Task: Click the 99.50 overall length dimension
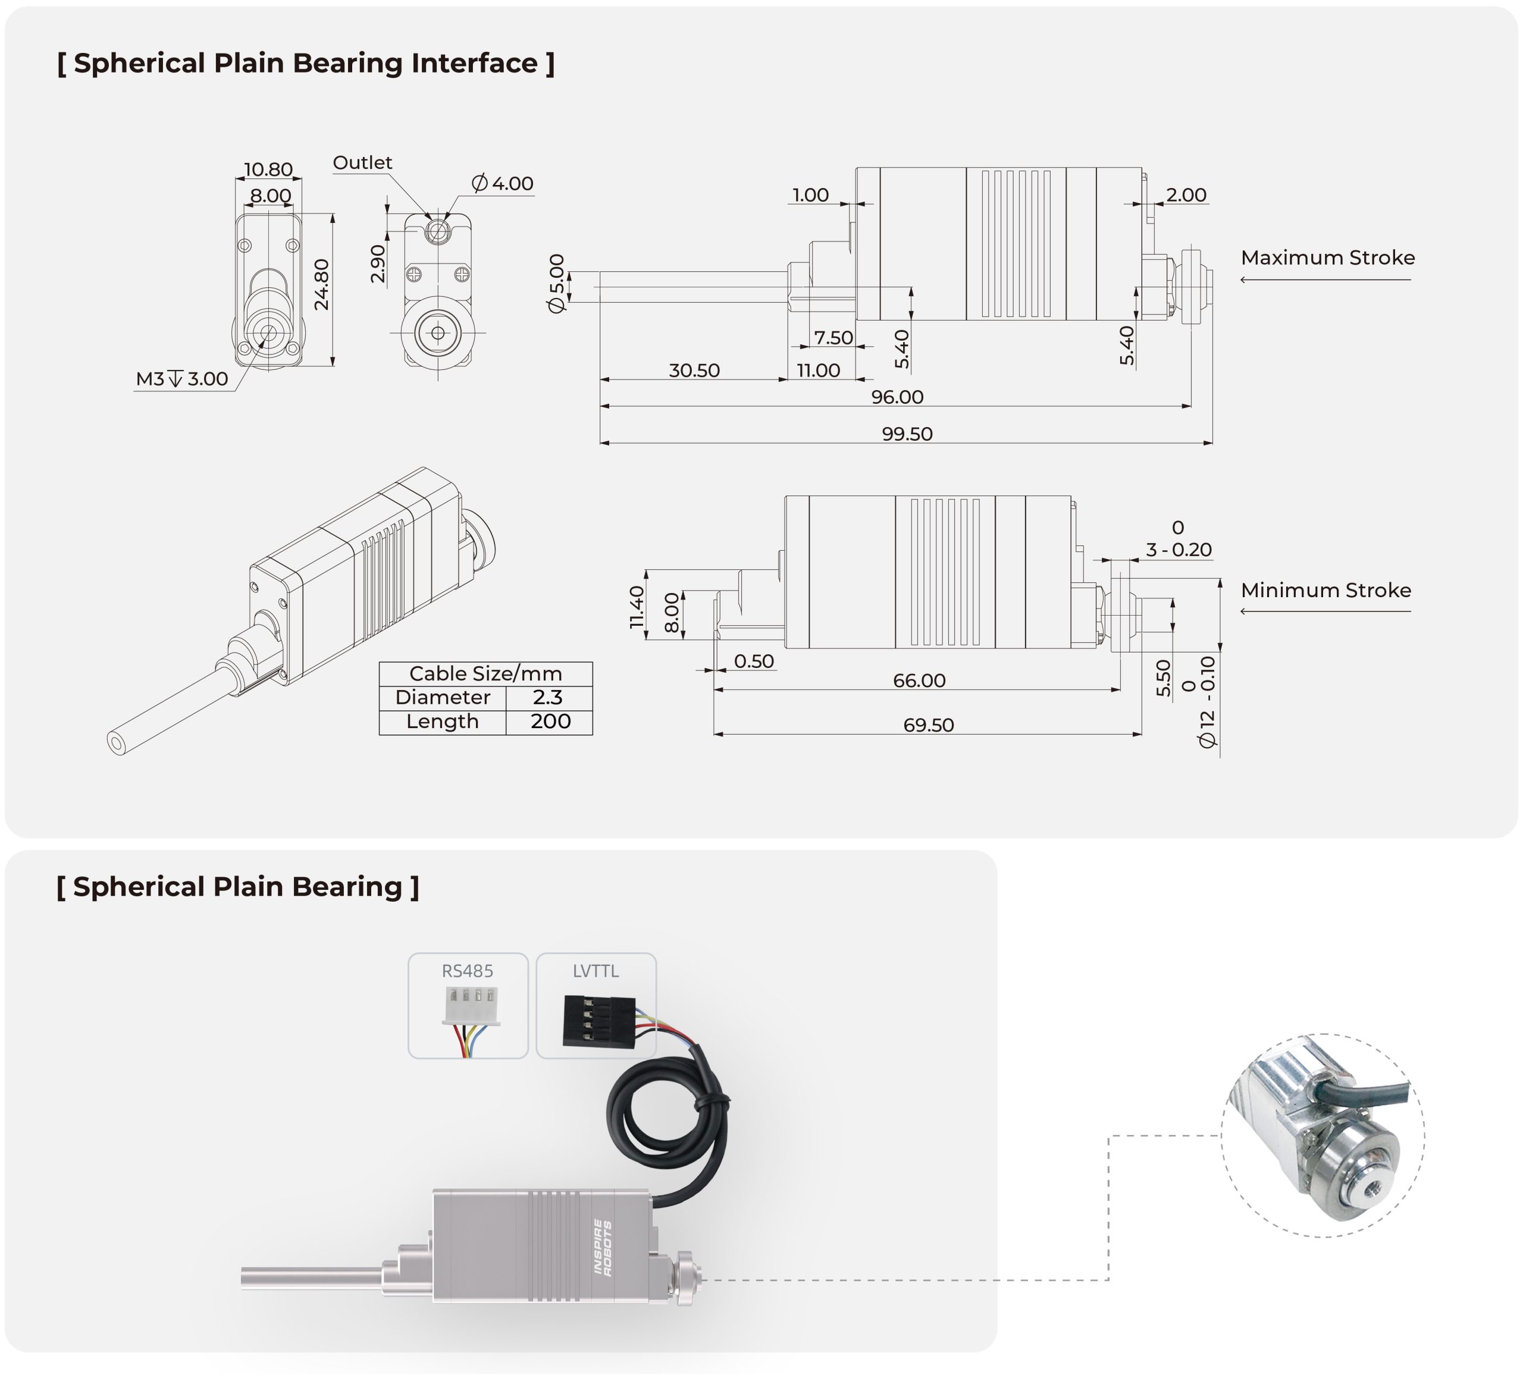[x=907, y=434]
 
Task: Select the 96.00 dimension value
[x=897, y=397]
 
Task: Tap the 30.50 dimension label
[x=694, y=371]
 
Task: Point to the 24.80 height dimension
[x=322, y=284]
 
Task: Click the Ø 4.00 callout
[x=502, y=183]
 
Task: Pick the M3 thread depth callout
[x=182, y=379]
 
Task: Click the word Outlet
[x=362, y=162]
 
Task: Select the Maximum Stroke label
[x=1327, y=258]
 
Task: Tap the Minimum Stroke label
[x=1326, y=591]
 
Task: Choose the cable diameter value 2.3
[x=548, y=697]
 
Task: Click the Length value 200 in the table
[x=550, y=721]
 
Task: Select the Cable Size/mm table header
[x=485, y=673]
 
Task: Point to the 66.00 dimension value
[x=919, y=680]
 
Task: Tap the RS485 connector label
[x=468, y=971]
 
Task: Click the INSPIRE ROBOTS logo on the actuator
[x=603, y=1247]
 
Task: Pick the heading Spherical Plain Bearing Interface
[x=306, y=64]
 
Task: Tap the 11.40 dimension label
[x=637, y=608]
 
